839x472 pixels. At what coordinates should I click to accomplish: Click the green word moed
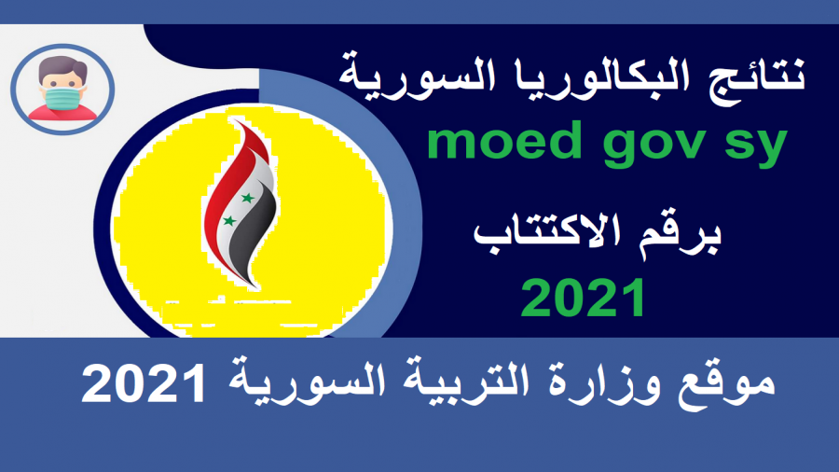pos(504,141)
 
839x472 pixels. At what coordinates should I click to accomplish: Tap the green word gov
pos(653,146)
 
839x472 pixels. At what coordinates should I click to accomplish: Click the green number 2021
pos(583,298)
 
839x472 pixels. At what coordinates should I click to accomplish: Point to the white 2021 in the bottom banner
pos(144,382)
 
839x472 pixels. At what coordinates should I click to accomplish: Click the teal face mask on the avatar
pos(63,97)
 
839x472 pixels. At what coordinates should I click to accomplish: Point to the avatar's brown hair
pos(62,66)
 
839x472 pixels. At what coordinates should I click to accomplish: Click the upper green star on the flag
pos(248,198)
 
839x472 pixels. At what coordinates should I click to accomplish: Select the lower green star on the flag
pos(229,220)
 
